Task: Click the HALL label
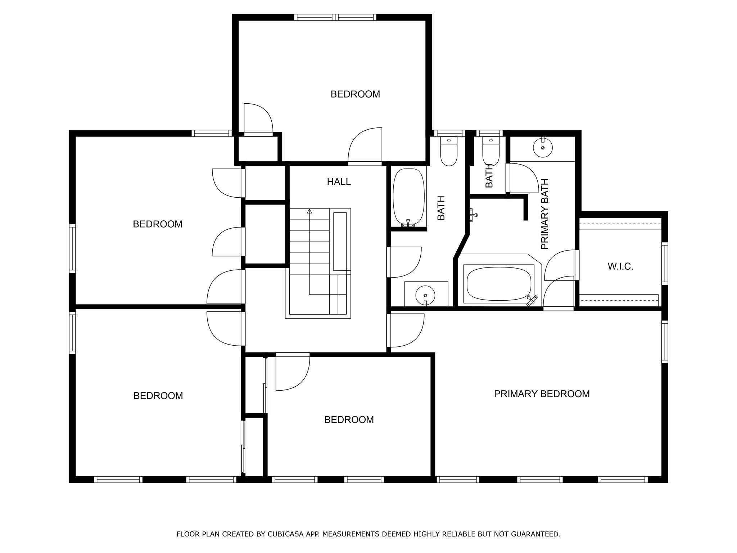point(339,182)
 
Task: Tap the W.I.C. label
point(620,266)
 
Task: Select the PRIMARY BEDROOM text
point(542,394)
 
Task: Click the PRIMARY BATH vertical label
point(544,214)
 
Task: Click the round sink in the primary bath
point(543,148)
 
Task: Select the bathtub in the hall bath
point(408,197)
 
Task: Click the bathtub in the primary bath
point(499,284)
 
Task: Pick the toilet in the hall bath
point(449,151)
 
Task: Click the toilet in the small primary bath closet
point(491,151)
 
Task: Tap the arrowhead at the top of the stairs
point(309,211)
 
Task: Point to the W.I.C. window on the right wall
point(665,264)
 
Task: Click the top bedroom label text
point(355,94)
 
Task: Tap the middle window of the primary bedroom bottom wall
point(540,480)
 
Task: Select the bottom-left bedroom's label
point(158,396)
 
